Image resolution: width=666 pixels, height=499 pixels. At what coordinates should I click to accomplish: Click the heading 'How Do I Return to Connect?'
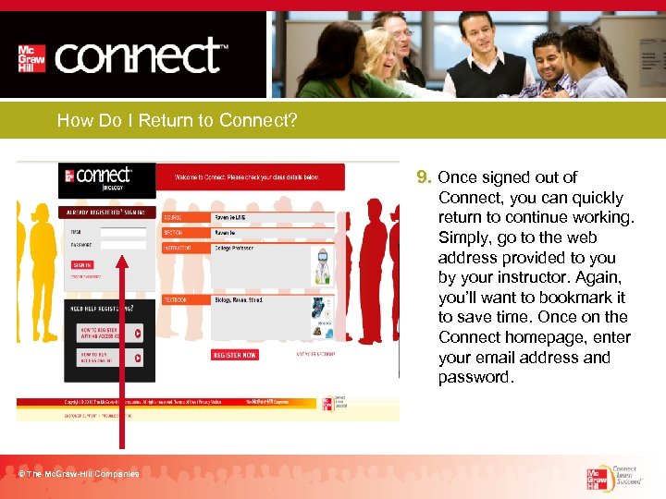coord(177,120)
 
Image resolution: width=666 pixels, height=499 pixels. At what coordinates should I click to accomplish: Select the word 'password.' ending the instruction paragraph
coord(476,377)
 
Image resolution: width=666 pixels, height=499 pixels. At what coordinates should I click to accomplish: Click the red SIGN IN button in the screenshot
coord(82,264)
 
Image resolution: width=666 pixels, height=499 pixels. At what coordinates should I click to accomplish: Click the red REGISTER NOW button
coord(235,355)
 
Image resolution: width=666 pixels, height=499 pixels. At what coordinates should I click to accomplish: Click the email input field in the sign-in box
coord(122,232)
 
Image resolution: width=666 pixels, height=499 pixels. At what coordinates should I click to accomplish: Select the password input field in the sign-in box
coord(122,245)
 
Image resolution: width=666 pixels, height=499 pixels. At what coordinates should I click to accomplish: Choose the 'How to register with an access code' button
coord(109,333)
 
